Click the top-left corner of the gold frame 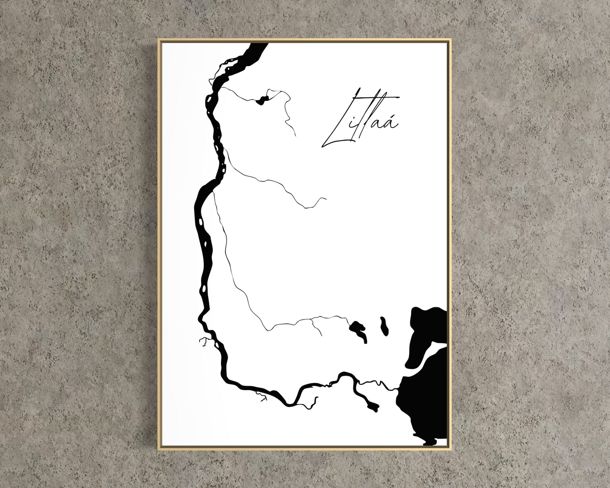click(159, 39)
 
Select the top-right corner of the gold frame click(451, 39)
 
